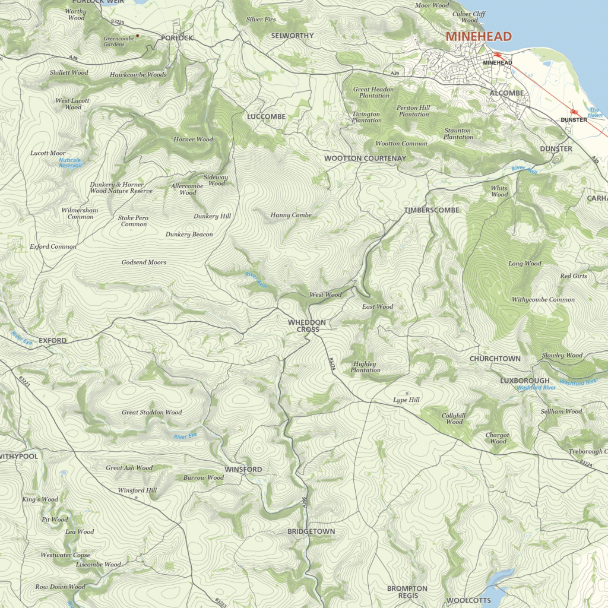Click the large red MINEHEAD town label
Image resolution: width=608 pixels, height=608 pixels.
pos(479,36)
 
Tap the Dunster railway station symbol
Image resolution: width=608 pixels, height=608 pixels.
pos(574,111)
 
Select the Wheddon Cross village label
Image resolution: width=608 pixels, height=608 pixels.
pos(307,325)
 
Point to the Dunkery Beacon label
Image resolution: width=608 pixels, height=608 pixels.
pos(189,235)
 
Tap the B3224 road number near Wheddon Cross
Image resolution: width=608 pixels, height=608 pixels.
pos(331,364)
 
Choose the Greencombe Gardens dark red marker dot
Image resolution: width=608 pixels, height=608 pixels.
pos(137,36)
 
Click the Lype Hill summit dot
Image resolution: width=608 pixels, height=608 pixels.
pos(407,393)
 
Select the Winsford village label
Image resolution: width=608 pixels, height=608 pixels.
pos(243,470)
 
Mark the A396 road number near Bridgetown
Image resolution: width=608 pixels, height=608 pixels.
pos(304,502)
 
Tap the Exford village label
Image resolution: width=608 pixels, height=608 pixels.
pos(52,341)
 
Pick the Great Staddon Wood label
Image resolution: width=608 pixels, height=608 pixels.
pos(152,412)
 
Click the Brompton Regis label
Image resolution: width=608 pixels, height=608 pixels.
pos(407,592)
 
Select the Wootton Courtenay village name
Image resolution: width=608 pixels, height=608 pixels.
pos(365,159)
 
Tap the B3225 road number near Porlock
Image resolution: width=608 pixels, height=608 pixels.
pos(118,22)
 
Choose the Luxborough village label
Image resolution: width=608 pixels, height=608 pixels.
pos(524,381)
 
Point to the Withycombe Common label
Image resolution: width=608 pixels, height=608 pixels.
pos(543,299)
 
